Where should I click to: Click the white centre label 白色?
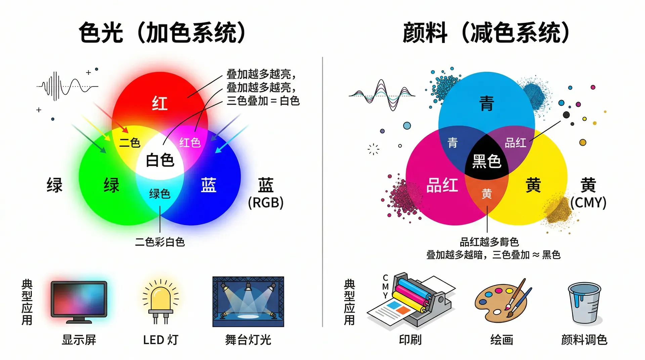pos(160,160)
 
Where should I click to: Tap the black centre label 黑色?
pos(487,161)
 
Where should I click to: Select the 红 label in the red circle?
pos(160,103)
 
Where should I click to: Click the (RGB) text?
pos(266,203)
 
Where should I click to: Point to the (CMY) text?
pos(588,203)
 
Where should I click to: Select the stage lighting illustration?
pos(248,302)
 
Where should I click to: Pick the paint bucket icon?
pos(585,303)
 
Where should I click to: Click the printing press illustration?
pos(411,301)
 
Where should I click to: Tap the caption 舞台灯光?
pos(248,340)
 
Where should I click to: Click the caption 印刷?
pos(410,340)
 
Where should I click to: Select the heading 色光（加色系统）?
pos(163,33)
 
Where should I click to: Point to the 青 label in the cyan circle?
pos(486,103)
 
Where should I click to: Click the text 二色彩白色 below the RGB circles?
pos(160,242)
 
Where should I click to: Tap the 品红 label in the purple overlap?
pos(515,143)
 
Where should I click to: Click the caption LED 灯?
pos(161,340)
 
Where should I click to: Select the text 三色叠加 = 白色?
pos(263,101)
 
